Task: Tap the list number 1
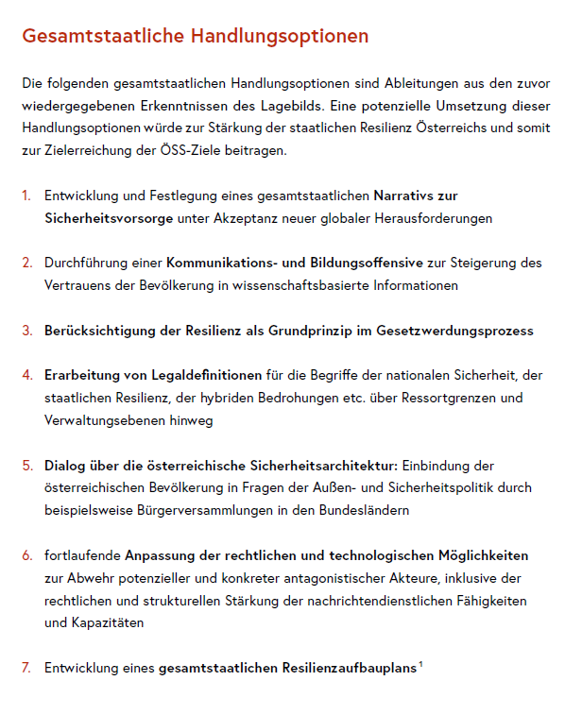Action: coord(26,196)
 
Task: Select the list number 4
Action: coord(26,376)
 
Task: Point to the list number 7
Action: coord(26,668)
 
